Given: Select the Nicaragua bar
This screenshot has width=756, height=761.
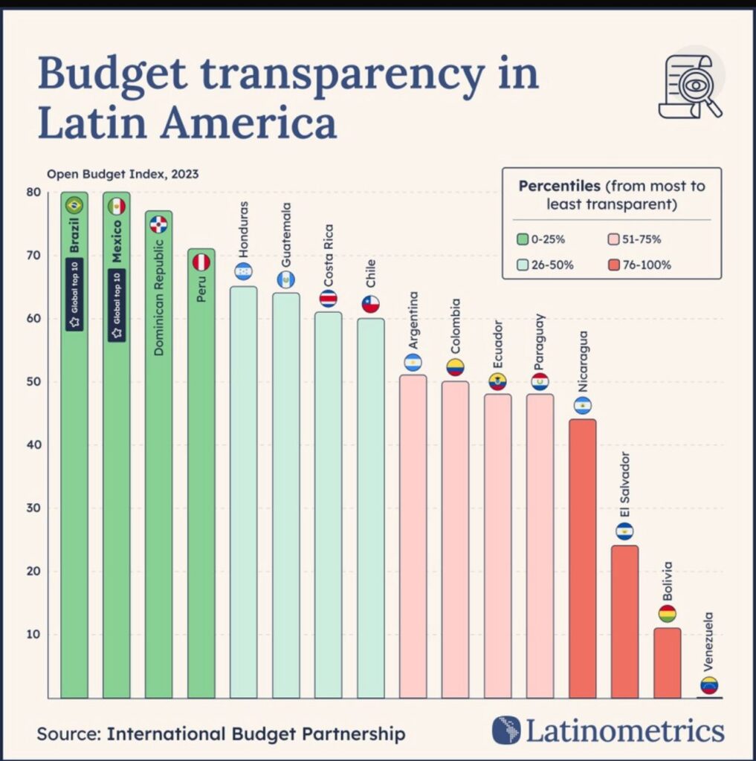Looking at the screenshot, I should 582,557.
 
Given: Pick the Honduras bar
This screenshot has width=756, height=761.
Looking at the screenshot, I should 243,490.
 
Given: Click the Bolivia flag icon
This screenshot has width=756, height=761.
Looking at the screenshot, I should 667,614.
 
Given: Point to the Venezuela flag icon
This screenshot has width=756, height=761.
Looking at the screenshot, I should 709,685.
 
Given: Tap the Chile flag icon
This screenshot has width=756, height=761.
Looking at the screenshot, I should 370,304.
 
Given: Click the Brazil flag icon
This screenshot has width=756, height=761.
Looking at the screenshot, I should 74,205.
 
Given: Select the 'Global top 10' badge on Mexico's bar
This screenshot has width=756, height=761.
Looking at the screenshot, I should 117,305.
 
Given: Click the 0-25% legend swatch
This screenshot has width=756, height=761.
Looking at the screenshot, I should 523,239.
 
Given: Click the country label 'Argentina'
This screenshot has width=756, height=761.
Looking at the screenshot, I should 413,320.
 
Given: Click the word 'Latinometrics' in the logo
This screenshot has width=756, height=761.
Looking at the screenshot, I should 624,731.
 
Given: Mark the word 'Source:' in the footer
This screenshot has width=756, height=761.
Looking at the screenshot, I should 68,734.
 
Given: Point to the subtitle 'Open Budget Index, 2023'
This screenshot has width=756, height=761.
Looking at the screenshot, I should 123,175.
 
